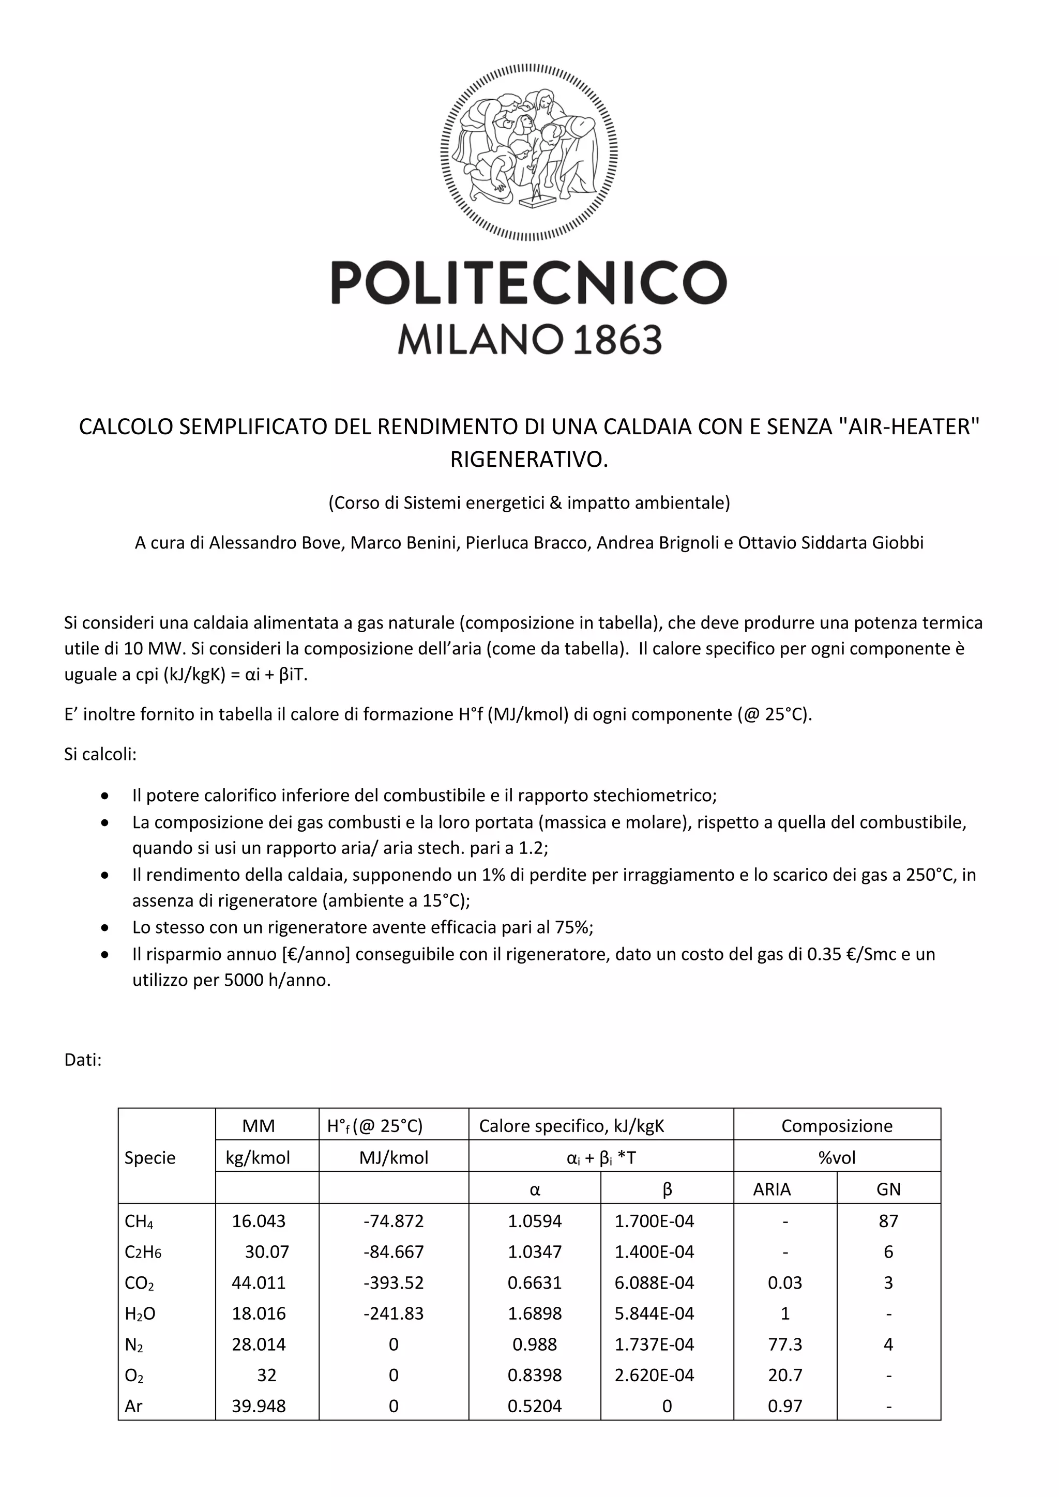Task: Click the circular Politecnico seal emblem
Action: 529,152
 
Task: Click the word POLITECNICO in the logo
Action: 529,283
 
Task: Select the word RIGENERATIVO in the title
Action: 529,460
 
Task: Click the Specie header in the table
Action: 150,1157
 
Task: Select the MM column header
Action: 258,1126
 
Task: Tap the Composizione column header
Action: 837,1126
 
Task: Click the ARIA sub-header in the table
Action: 771,1189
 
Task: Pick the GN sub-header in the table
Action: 888,1189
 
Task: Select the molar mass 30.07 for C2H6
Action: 267,1252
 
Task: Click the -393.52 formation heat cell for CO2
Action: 393,1282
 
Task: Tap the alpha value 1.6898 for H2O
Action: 535,1313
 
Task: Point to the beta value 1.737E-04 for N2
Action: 654,1345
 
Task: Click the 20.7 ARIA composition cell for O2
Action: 784,1375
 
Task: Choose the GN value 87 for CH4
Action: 888,1221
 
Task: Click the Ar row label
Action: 134,1407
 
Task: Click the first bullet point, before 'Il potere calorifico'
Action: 105,796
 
